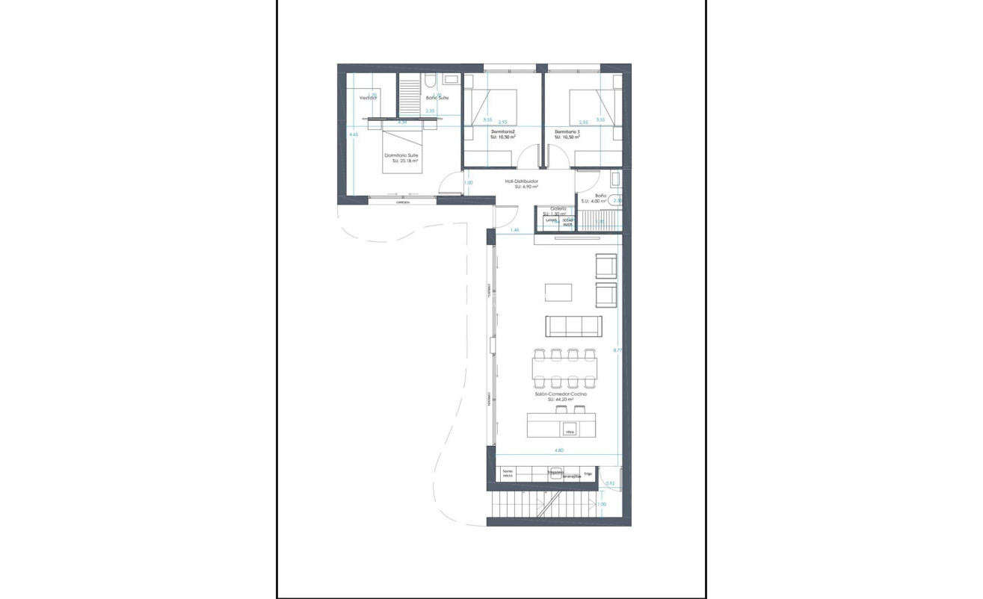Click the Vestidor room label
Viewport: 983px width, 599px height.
click(368, 98)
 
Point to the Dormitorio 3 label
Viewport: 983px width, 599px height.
click(567, 132)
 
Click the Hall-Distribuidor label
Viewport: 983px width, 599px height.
click(522, 181)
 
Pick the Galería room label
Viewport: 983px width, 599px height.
click(558, 209)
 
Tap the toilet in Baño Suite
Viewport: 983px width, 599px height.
click(430, 80)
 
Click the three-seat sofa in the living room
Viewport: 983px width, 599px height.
click(573, 326)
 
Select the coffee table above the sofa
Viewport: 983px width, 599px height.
click(558, 291)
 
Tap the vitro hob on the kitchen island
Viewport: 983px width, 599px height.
click(570, 431)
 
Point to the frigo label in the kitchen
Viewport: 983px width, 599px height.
click(588, 474)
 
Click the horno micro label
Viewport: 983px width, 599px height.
click(508, 474)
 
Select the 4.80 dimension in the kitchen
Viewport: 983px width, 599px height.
click(558, 450)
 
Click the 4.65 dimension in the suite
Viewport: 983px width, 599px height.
click(354, 134)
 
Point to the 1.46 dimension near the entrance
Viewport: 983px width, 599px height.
click(514, 230)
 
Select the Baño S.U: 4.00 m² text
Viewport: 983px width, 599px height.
click(600, 199)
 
